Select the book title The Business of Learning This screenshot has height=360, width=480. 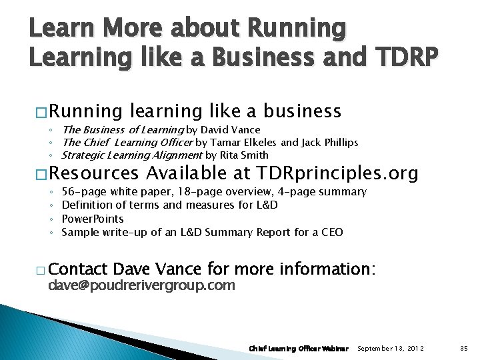122,130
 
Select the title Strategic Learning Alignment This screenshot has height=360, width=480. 131,155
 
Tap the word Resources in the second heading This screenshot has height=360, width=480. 93,175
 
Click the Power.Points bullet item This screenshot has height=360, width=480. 92,219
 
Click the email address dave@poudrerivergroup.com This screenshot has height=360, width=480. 141,286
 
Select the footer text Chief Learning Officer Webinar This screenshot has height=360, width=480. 299,348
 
